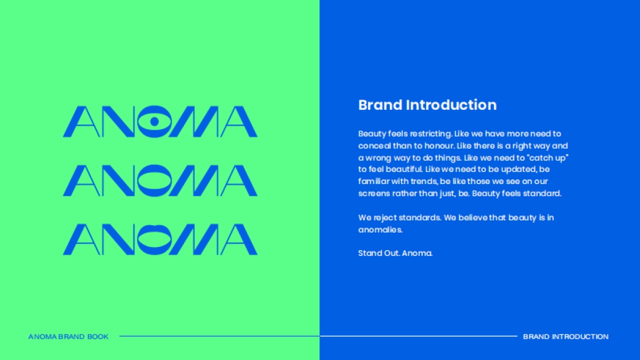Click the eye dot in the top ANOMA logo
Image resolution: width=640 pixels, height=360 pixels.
coord(155,122)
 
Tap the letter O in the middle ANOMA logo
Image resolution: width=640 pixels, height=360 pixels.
coord(155,180)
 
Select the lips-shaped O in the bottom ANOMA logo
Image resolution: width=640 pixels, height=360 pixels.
coord(155,239)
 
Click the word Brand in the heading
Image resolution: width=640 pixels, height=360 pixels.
coord(380,105)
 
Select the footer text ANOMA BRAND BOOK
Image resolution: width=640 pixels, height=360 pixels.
coord(68,337)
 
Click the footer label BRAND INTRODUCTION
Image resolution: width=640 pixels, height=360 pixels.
coord(565,337)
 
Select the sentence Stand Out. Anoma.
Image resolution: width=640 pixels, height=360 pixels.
coord(395,253)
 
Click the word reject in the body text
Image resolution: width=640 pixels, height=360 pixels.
coord(383,218)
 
